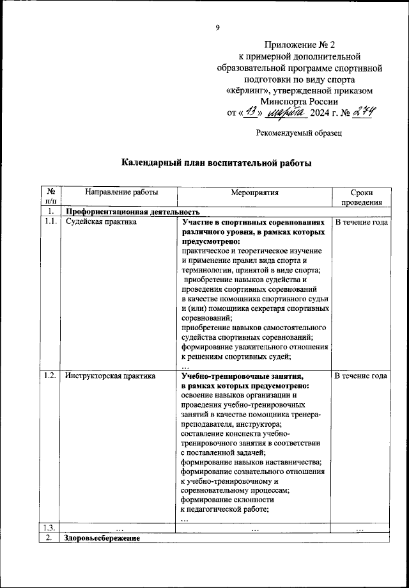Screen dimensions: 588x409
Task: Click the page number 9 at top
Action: tap(218, 27)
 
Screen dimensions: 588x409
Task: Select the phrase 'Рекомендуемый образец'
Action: tap(298, 134)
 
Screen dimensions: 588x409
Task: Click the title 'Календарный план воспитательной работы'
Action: tap(217, 163)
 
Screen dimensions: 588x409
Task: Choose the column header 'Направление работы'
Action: tap(111, 192)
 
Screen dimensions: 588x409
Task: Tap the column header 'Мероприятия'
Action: tap(255, 192)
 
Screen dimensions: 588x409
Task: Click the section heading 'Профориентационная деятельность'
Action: tap(133, 212)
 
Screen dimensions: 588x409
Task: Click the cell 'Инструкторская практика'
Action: tap(110, 376)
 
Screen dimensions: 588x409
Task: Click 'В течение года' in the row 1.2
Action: tap(361, 376)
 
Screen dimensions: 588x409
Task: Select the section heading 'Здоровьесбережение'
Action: tap(102, 539)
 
